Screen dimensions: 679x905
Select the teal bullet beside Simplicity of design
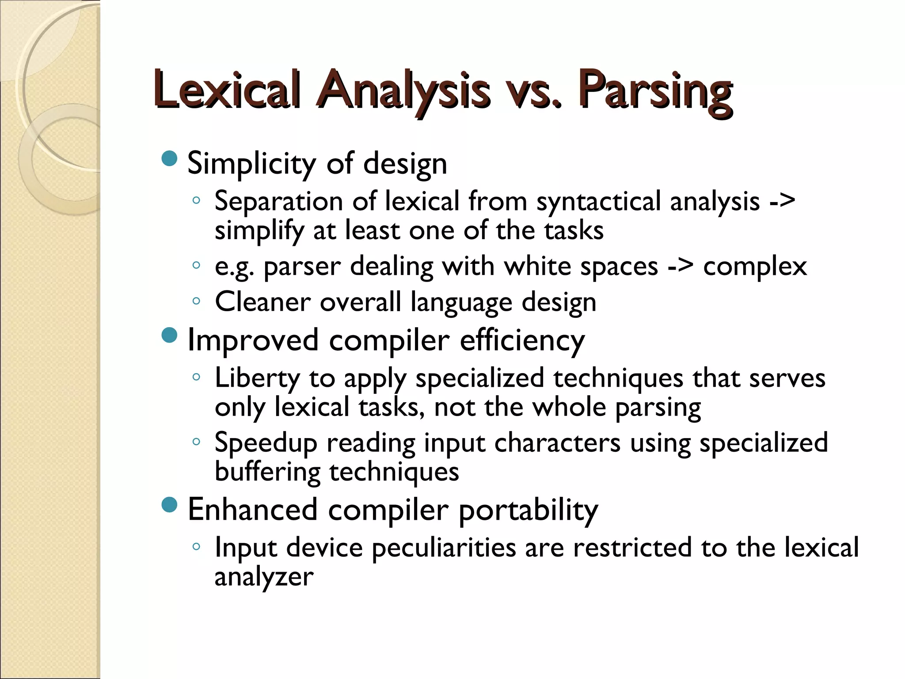coord(170,159)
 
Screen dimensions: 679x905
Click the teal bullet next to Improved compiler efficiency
coord(170,335)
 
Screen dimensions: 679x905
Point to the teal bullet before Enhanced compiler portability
coord(170,505)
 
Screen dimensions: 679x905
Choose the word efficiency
coord(522,340)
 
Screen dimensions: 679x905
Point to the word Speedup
coord(266,443)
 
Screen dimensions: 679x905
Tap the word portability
coord(528,510)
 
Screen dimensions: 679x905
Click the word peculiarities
coord(444,548)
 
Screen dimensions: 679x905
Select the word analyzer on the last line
coord(264,577)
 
